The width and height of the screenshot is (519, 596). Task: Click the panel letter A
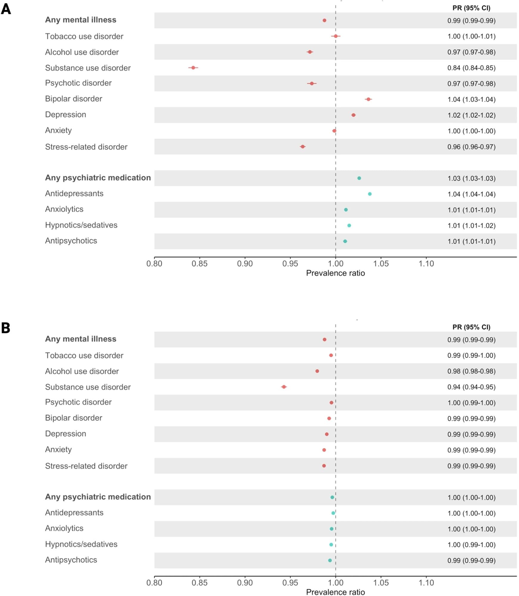point(6,9)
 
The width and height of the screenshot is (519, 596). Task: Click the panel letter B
point(6,328)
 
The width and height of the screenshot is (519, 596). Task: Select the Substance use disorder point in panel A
point(193,68)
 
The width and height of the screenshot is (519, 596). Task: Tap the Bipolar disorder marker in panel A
point(368,99)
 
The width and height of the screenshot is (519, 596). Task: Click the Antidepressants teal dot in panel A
point(370,194)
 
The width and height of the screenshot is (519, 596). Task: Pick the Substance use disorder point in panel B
point(284,387)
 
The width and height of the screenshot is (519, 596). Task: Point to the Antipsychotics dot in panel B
point(330,561)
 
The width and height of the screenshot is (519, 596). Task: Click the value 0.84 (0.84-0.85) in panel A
point(471,68)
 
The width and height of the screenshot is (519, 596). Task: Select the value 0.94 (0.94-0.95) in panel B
point(471,387)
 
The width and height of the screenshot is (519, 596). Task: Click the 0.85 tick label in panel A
point(199,264)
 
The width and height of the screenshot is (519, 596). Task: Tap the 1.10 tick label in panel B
point(426,583)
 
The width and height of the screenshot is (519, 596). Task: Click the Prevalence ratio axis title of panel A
point(335,273)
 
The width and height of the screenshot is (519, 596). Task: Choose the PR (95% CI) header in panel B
point(471,327)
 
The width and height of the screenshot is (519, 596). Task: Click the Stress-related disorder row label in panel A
point(86,147)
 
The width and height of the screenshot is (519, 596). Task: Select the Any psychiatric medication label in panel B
point(98,497)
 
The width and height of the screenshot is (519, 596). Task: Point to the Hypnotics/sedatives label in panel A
point(81,225)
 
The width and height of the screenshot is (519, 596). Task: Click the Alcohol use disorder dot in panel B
point(317,371)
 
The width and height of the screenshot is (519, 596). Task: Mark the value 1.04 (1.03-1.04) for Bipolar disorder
point(471,100)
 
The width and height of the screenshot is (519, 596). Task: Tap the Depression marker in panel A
point(354,115)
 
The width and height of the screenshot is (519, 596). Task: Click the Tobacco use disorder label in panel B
point(84,356)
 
